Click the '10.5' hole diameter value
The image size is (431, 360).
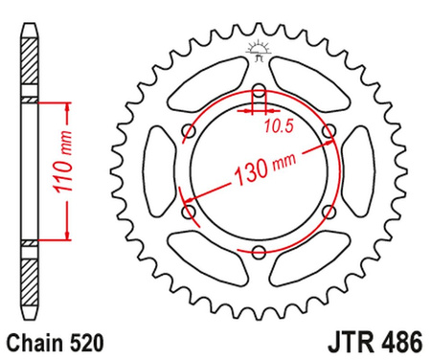pyautogui.click(x=278, y=124)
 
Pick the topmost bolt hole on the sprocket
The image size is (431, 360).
pyautogui.click(x=259, y=93)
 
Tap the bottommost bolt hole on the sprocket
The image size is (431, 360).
pyautogui.click(x=259, y=251)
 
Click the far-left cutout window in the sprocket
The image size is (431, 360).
pyautogui.click(x=159, y=172)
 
